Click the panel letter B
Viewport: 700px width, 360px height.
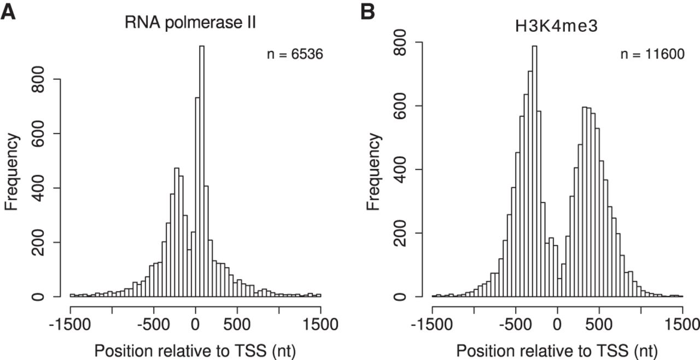pyautogui.click(x=367, y=10)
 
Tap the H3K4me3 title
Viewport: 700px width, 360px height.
pyautogui.click(x=557, y=27)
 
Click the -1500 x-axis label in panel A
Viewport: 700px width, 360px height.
pyautogui.click(x=70, y=324)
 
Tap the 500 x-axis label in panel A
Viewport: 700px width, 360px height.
pyautogui.click(x=237, y=324)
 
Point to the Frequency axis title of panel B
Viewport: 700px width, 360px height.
pyautogui.click(x=373, y=171)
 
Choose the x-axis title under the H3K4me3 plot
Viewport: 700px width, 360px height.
pyautogui.click(x=557, y=350)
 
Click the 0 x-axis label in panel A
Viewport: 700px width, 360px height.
pyautogui.click(x=196, y=324)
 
